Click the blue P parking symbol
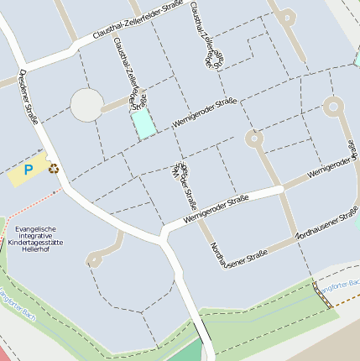coord(28,170)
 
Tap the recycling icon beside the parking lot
coord(54,168)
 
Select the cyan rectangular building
coord(143,123)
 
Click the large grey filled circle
coord(86,105)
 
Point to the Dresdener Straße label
coord(28,97)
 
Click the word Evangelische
coord(36,228)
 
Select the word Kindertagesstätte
coord(39,243)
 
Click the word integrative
coord(39,236)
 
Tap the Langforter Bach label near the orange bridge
coord(341,285)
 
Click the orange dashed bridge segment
coord(324,296)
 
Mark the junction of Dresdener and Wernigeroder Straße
coord(163,231)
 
